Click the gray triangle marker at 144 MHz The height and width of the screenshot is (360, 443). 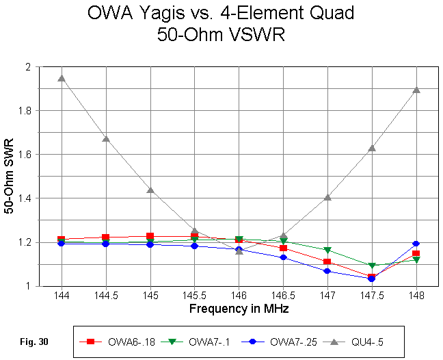click(62, 77)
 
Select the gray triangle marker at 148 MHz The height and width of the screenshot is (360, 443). click(416, 89)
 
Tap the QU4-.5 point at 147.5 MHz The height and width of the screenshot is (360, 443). click(371, 148)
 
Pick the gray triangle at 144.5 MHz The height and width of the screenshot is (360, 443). click(106, 138)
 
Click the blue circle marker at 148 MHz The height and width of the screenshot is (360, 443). click(416, 244)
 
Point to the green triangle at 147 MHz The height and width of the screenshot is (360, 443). click(327, 250)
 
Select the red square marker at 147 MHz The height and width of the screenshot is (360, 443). click(327, 261)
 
